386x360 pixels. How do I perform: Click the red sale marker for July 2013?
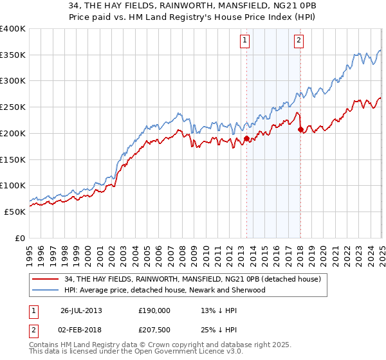click(246, 138)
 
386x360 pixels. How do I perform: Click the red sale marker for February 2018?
click(300, 129)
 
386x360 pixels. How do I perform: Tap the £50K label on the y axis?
click(15, 212)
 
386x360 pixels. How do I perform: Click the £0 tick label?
click(20, 238)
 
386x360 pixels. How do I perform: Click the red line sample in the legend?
click(46, 278)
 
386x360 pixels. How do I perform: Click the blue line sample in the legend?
click(46, 290)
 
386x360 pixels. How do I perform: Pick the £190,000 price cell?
click(154, 310)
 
